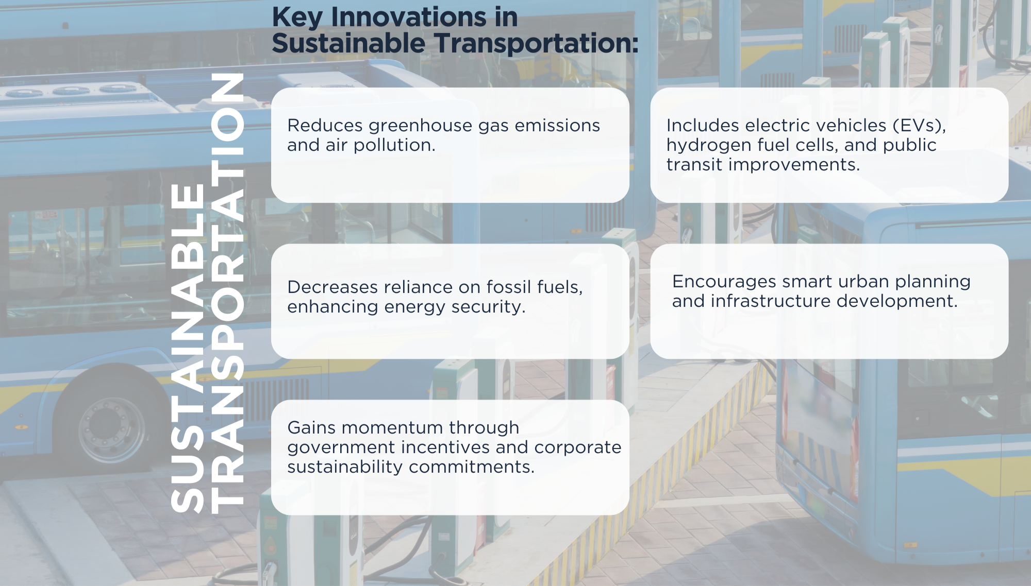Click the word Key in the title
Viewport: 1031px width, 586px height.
tap(297, 19)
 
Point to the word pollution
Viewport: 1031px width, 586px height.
tap(394, 146)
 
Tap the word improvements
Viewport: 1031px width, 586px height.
tap(794, 165)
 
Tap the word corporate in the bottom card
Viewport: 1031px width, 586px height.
tap(578, 448)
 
